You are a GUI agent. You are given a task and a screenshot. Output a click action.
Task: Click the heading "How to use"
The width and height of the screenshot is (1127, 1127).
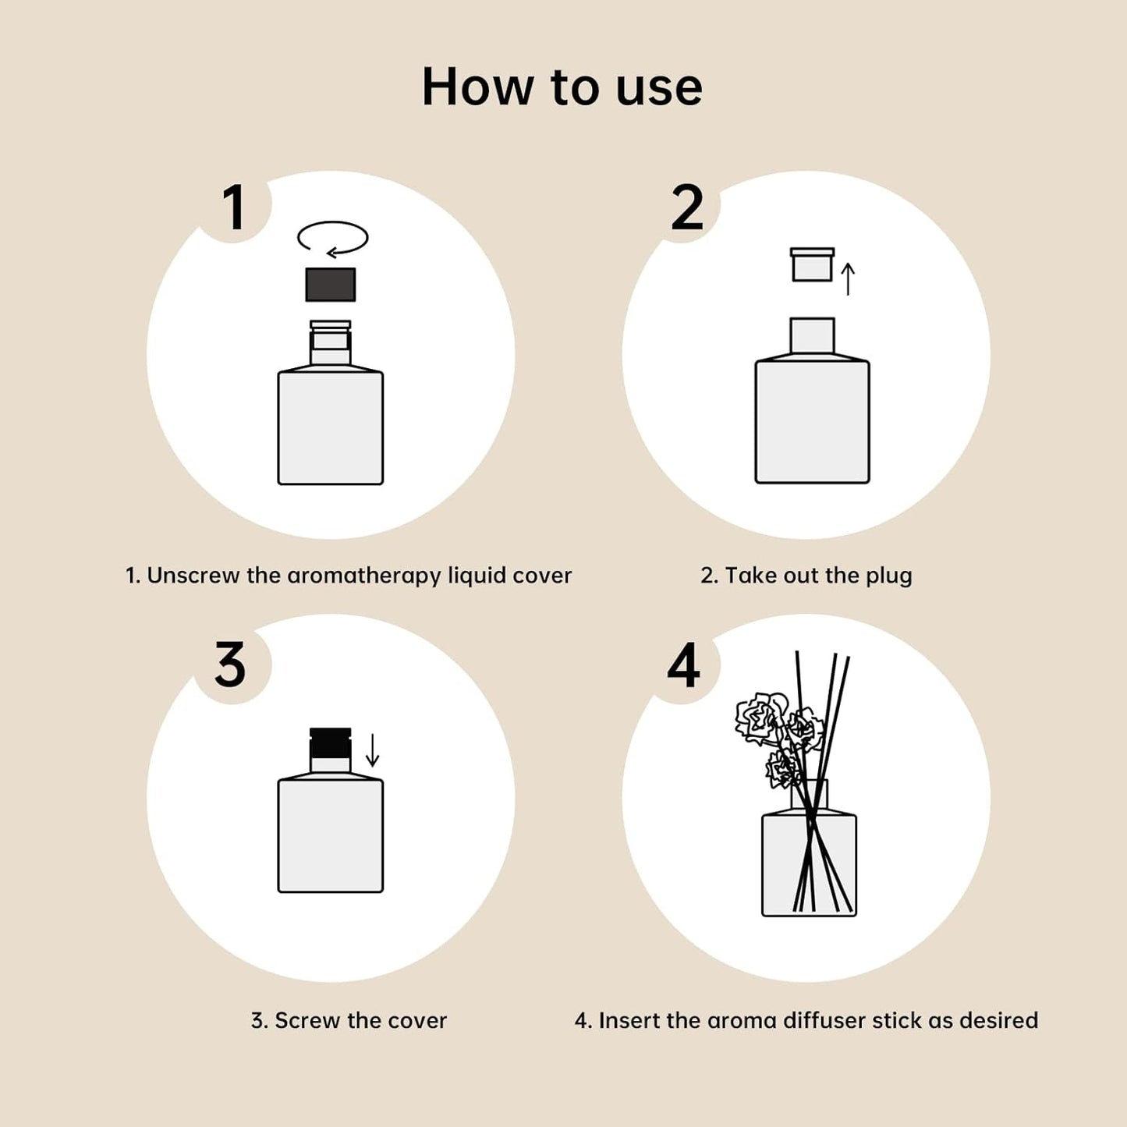(x=562, y=87)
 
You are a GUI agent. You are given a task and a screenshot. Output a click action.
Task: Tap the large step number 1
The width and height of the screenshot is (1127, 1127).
(x=234, y=207)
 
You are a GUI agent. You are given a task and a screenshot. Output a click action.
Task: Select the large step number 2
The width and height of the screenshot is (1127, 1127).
(x=686, y=207)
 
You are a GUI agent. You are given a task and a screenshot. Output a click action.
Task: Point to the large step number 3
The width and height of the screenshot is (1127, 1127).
(x=230, y=665)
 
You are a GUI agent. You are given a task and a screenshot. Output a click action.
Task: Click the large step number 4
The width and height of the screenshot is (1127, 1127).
(x=683, y=665)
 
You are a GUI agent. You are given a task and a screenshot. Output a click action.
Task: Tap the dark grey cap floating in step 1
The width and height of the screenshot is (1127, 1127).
(x=330, y=285)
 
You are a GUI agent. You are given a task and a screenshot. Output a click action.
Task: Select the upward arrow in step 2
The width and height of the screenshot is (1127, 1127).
(x=849, y=278)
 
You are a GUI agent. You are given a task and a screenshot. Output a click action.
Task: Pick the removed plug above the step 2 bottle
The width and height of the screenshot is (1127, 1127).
(x=812, y=264)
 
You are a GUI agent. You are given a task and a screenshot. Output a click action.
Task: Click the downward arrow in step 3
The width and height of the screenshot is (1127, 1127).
(x=373, y=750)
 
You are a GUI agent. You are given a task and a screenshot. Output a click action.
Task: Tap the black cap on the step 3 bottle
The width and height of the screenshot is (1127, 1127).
(x=330, y=743)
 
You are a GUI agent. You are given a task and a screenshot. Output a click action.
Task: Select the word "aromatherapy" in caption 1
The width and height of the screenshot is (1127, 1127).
(x=364, y=576)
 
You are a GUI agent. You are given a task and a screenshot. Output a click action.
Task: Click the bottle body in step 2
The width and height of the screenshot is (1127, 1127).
(x=812, y=421)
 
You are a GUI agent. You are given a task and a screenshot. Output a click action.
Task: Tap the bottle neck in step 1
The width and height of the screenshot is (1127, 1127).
(x=330, y=343)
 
